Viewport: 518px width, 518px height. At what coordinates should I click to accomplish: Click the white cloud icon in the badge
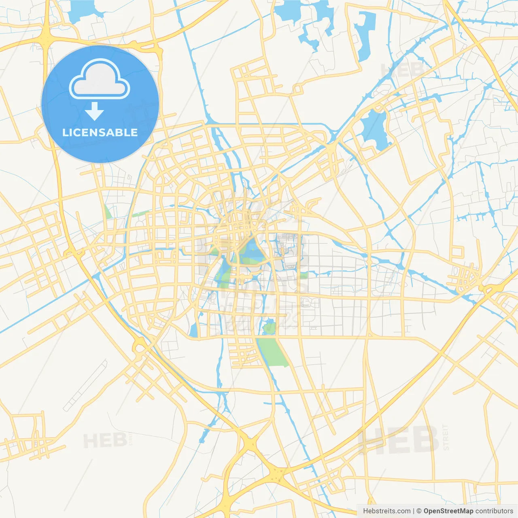tap(100, 79)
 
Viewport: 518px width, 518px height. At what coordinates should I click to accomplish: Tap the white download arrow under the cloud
tap(94, 111)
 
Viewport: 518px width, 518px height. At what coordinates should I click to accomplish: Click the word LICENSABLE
tap(100, 132)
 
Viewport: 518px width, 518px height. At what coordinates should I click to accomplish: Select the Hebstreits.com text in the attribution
tap(386, 511)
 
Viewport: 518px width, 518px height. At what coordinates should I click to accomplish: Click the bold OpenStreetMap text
tap(448, 511)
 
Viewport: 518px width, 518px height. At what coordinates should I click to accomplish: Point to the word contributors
tap(494, 511)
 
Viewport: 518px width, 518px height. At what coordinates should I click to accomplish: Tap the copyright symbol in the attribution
tap(419, 511)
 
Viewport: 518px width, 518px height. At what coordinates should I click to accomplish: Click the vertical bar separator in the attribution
tap(414, 511)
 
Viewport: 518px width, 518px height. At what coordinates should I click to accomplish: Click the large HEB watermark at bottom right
tap(399, 440)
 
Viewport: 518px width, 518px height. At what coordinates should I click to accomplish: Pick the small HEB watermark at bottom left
tap(105, 440)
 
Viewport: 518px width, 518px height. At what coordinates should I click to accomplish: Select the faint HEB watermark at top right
tap(403, 70)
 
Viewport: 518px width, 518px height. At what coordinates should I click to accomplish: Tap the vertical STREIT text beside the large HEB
tap(446, 437)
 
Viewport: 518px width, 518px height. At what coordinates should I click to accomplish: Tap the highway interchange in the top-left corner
tap(47, 38)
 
